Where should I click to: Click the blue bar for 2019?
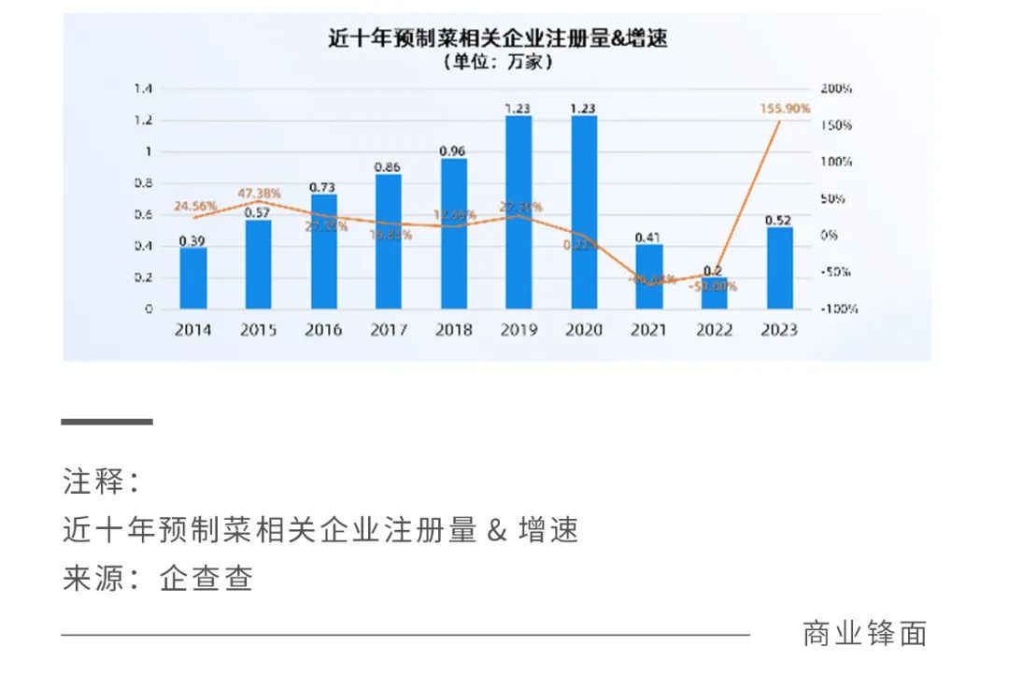coord(519,212)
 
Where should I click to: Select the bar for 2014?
coord(193,278)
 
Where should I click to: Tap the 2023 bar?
coord(779,268)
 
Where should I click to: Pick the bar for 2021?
coord(649,277)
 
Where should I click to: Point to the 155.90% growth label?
coord(785,108)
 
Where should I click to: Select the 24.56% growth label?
coord(195,206)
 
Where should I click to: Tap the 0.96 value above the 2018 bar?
coord(453,151)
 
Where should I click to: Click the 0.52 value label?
coord(779,220)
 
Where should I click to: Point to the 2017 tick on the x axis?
coord(389,330)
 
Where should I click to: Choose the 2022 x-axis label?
coord(714,330)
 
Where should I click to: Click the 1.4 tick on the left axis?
coord(142,89)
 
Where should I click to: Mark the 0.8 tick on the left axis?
coord(142,183)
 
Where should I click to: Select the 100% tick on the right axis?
coord(837,162)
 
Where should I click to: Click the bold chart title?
coord(497,39)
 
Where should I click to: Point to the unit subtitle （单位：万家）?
coord(497,64)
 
